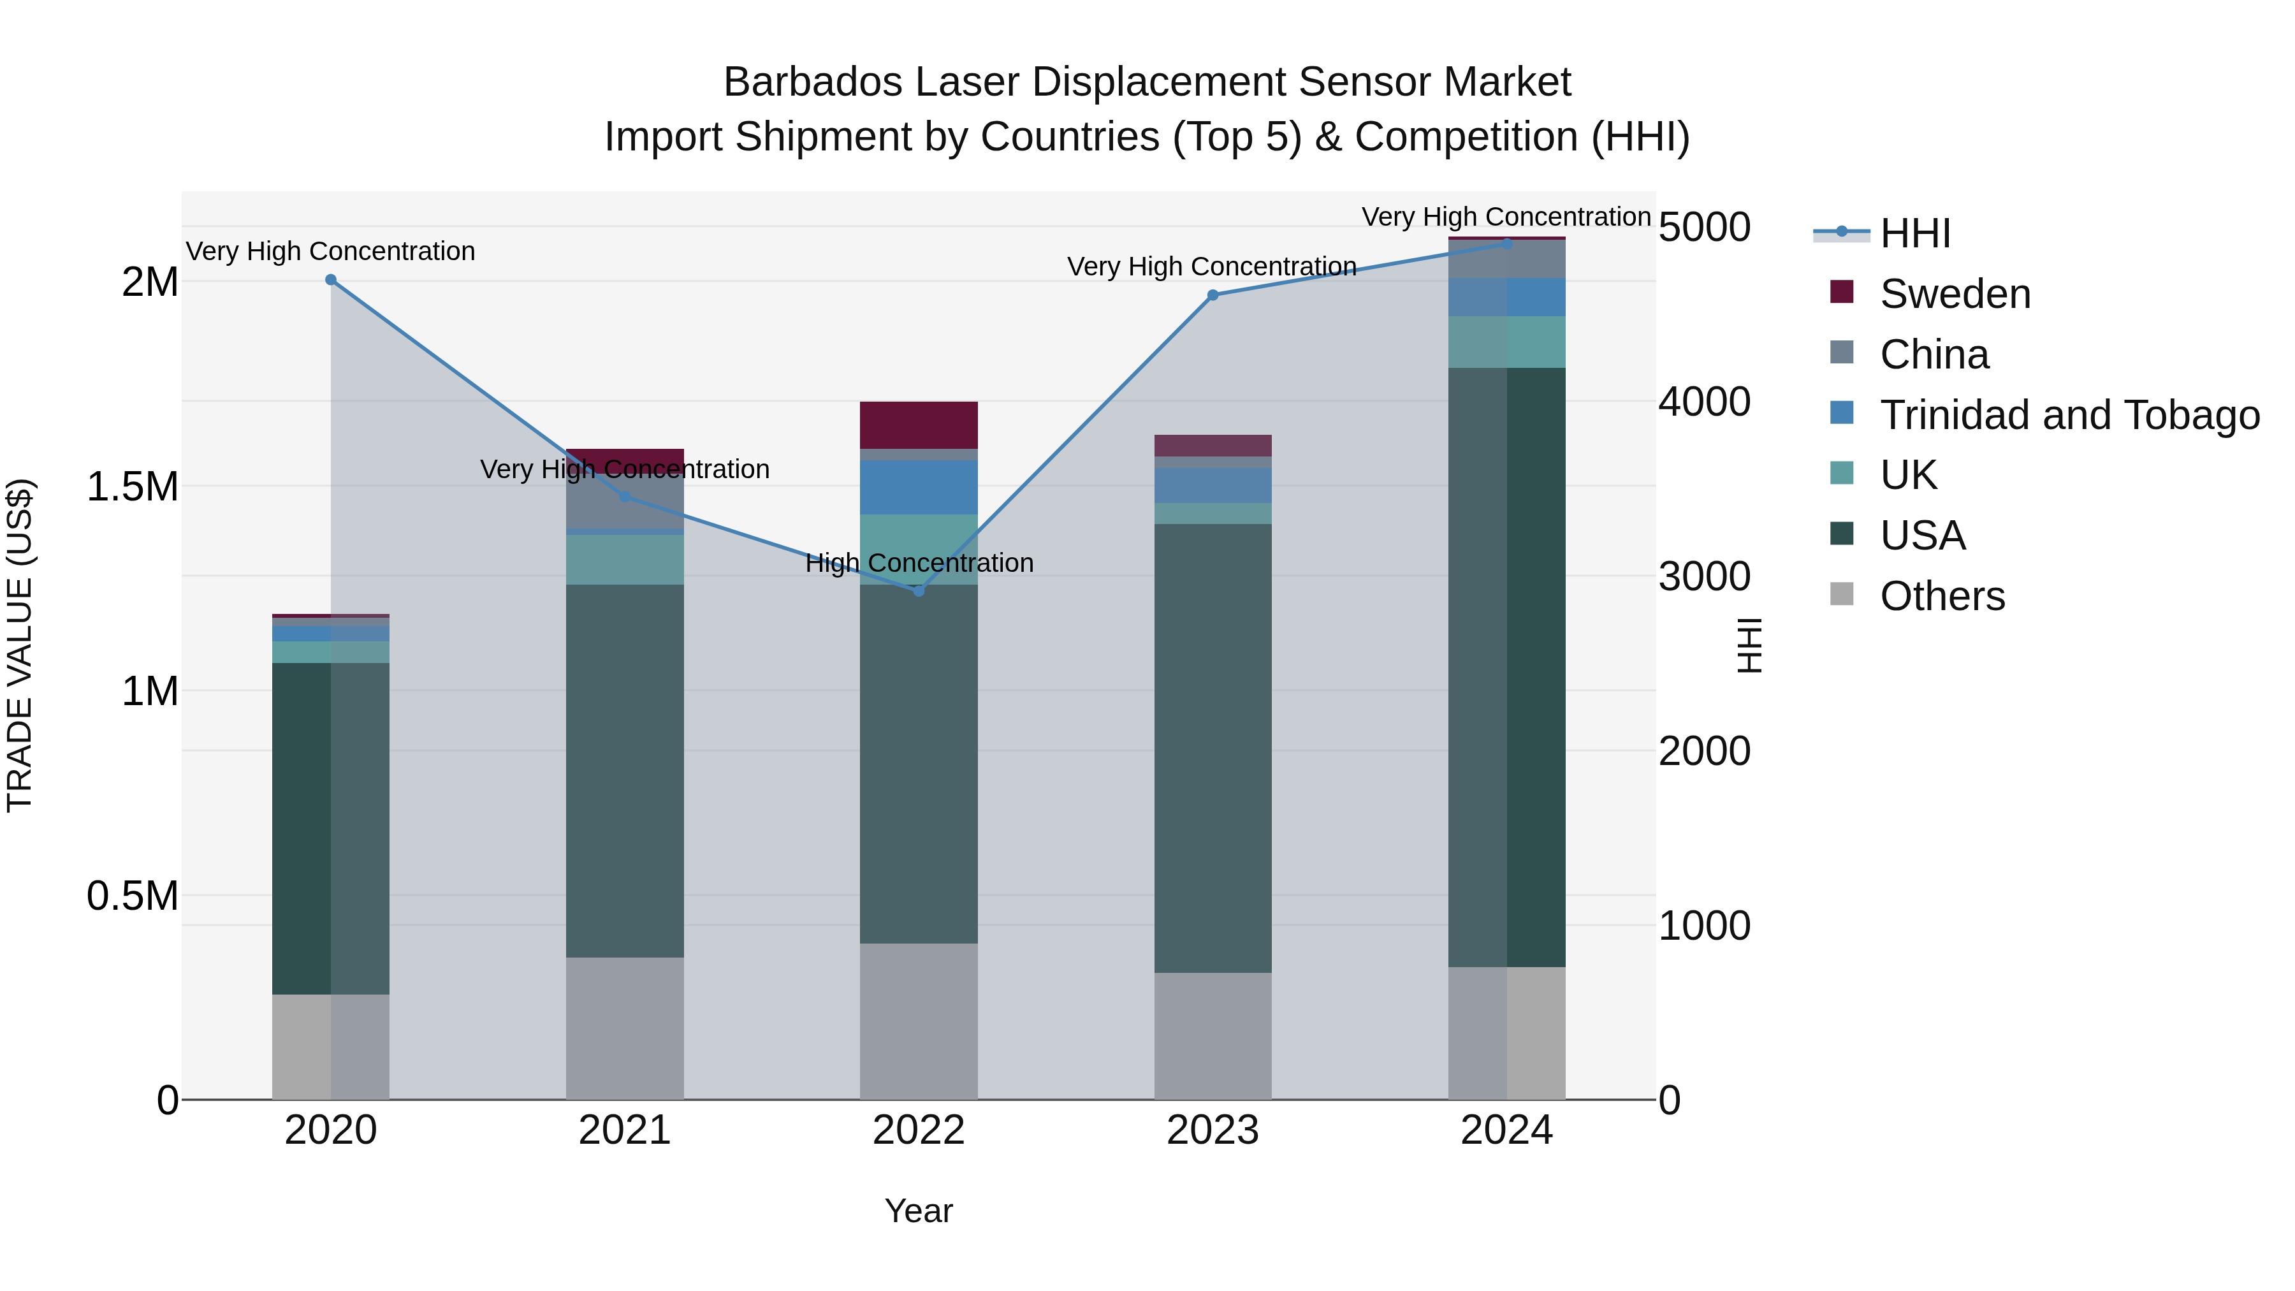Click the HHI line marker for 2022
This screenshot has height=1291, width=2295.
[x=919, y=591]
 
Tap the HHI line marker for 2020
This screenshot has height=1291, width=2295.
[x=330, y=280]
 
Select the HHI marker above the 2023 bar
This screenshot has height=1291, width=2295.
[x=1213, y=295]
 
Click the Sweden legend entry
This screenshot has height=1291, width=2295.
[x=1955, y=294]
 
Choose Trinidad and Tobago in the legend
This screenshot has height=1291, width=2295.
[x=2069, y=415]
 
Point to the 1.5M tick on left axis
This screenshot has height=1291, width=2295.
[x=132, y=487]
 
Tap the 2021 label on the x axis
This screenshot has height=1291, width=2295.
[x=625, y=1130]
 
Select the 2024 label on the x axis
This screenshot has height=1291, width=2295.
[x=1506, y=1130]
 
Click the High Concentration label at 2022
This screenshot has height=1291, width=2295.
[x=919, y=563]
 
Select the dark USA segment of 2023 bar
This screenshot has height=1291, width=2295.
[x=1213, y=748]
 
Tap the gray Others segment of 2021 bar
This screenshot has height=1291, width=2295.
[x=625, y=1028]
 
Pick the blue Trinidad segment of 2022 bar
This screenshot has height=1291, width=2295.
[x=919, y=486]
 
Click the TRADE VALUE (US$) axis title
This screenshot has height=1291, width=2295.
[x=20, y=645]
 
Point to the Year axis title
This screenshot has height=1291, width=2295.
[x=919, y=1211]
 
